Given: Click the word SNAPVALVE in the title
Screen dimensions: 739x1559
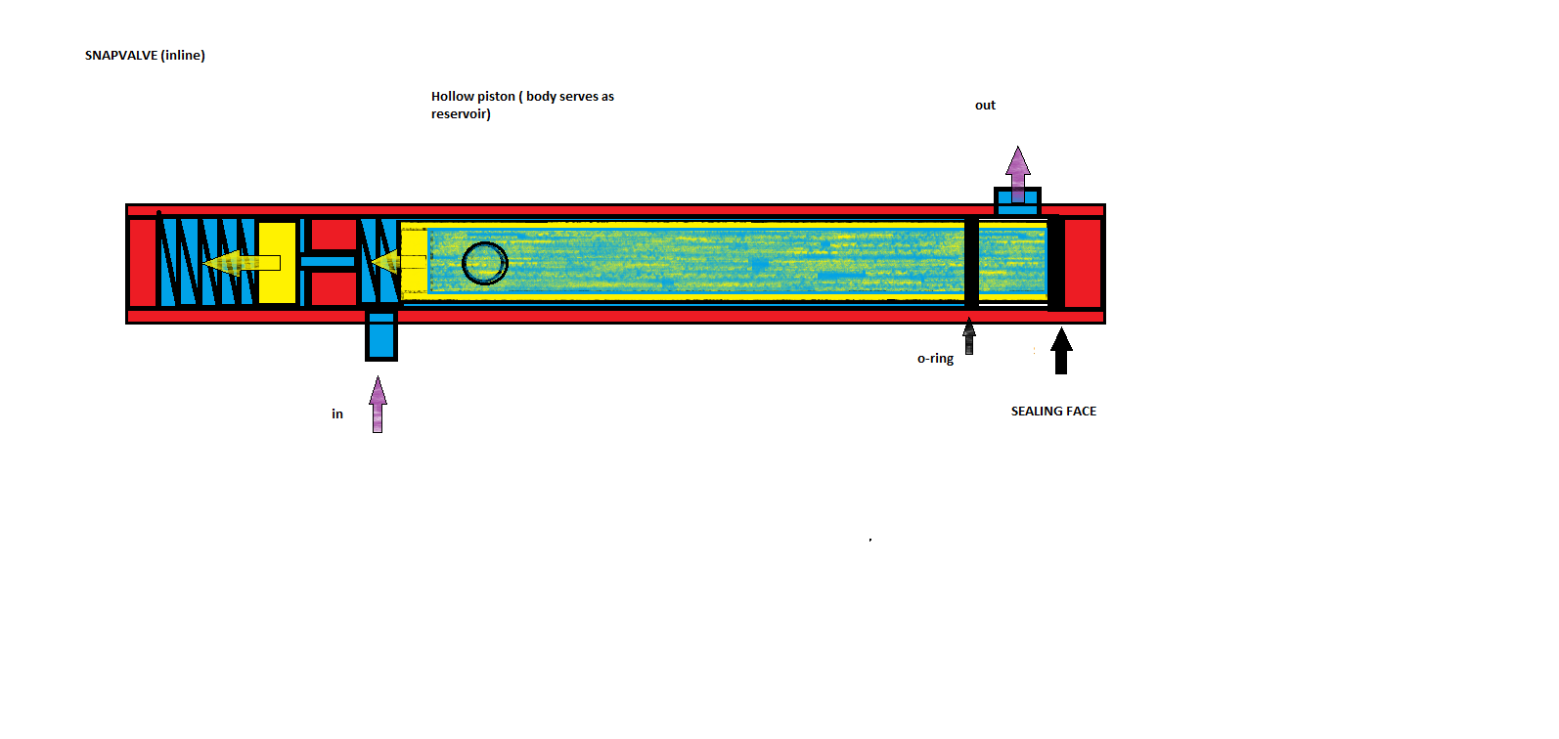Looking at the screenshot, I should (x=121, y=56).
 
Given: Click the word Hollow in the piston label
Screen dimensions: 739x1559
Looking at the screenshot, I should (x=452, y=96).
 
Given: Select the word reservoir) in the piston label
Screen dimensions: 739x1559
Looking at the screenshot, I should (x=461, y=114).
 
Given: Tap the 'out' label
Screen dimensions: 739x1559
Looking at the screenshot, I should (x=985, y=106).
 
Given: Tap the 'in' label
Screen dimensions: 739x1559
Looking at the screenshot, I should (x=337, y=414).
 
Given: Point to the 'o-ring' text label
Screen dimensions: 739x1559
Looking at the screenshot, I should (x=935, y=359).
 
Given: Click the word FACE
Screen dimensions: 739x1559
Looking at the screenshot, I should (x=1083, y=412).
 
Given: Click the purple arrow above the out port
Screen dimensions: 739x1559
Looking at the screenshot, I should (x=1018, y=171).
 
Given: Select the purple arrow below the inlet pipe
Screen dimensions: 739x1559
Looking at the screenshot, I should (x=378, y=404).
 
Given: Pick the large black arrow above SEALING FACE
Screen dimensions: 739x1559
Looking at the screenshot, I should (x=1061, y=351).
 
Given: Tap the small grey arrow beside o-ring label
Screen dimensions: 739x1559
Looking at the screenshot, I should (x=969, y=335).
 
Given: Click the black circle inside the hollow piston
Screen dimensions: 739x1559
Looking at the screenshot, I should (x=484, y=263).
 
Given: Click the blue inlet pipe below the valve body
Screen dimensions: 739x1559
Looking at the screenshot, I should (x=381, y=334).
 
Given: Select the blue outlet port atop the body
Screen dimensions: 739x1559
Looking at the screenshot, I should (x=1017, y=202).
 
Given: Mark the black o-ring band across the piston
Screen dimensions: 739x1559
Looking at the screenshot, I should (x=971, y=262).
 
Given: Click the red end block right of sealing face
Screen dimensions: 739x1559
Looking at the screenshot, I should (x=1083, y=263).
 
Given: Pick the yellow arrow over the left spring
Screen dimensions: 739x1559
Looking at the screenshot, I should (x=241, y=263).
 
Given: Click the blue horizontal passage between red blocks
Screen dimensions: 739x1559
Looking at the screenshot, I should (x=329, y=262).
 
